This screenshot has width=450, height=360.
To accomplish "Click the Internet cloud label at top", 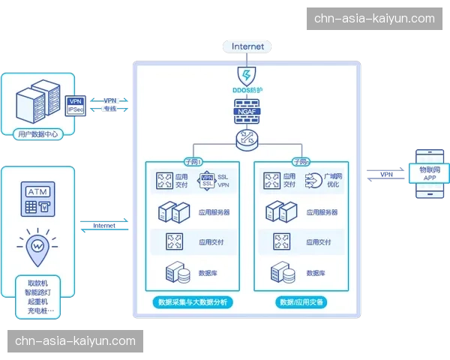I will [247, 46].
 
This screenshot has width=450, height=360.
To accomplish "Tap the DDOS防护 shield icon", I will [247, 75].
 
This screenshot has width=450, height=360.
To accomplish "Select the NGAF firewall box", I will [247, 112].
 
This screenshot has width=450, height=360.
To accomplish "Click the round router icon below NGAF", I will [247, 138].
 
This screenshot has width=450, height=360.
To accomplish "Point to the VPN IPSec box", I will [75, 105].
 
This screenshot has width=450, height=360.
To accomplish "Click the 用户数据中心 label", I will [36, 135].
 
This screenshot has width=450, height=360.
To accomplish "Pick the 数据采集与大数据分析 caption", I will [192, 301].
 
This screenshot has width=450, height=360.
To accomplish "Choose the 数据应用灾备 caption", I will [302, 301].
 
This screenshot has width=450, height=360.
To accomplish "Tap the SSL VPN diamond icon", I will [206, 181].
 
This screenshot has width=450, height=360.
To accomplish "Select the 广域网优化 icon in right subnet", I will [313, 181].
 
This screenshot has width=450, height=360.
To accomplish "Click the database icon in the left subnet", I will [175, 272].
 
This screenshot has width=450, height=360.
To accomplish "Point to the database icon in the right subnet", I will [282, 272].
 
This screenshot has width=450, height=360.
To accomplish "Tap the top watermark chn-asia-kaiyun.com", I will [374, 18].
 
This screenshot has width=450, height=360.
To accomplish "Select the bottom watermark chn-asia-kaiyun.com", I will [75, 342].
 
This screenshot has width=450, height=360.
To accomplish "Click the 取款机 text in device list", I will [36, 283].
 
